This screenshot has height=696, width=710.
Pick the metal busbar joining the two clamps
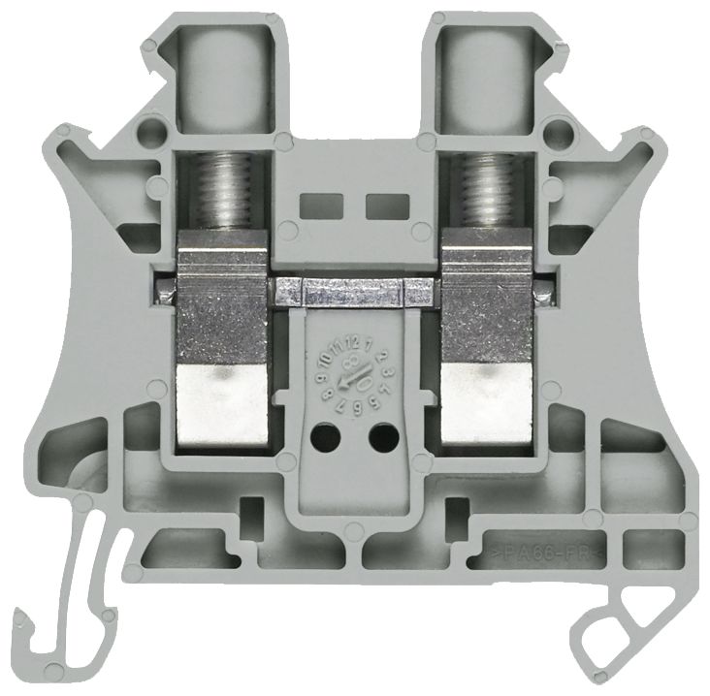pos(353,288)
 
